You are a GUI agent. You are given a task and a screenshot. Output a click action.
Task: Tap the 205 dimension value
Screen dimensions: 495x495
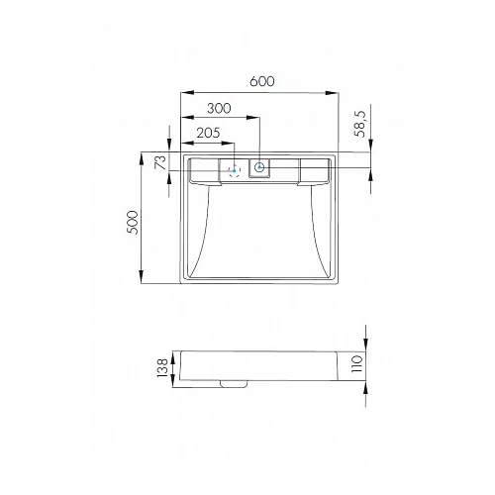tap(208, 132)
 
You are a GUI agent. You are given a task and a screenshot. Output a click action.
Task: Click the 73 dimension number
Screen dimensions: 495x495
tap(157, 163)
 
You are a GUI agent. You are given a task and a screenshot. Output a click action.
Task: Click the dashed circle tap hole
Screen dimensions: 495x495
tap(235, 170)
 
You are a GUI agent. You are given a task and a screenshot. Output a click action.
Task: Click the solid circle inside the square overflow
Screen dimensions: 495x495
tap(260, 168)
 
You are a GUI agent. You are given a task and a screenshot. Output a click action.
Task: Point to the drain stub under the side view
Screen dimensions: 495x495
tap(234, 383)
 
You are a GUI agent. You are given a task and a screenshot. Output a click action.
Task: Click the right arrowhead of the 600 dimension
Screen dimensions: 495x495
tap(335, 94)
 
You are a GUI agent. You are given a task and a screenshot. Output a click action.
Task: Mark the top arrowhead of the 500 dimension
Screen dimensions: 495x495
tap(146, 156)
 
